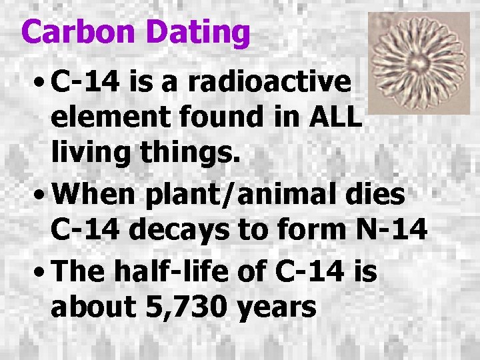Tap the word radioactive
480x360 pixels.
(269, 83)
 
